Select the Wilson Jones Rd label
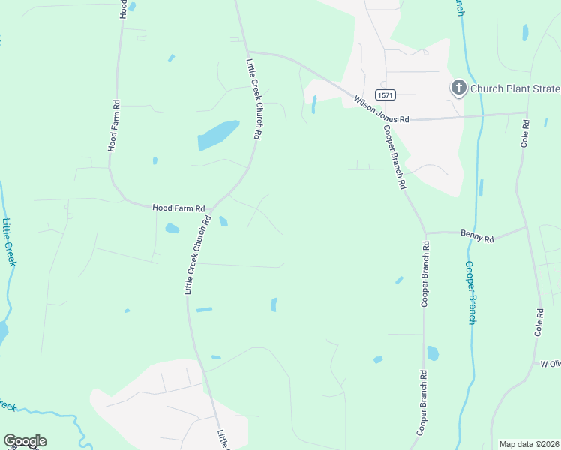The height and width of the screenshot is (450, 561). tap(382, 109)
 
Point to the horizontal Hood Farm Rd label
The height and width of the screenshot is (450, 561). tap(178, 208)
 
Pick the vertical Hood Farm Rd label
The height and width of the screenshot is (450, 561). tap(115, 125)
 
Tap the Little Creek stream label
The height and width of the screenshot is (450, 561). tap(8, 242)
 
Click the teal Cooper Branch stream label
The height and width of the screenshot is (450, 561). tap(470, 292)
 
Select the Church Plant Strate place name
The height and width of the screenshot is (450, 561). tap(514, 88)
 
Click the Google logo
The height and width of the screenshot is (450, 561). tap(25, 441)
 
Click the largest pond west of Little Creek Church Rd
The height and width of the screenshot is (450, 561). tap(217, 135)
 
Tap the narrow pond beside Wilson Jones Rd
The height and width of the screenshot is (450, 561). tap(313, 104)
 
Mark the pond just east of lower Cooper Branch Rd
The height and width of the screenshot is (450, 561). tap(433, 352)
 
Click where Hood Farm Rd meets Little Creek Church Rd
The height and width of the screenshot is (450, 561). tap(212, 209)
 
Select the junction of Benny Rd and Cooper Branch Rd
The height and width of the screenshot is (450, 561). tap(424, 233)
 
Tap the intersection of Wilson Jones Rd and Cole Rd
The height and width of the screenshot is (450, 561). tap(526, 114)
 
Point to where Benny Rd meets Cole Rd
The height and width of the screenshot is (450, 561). tap(526, 227)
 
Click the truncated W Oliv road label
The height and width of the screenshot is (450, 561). tap(550, 364)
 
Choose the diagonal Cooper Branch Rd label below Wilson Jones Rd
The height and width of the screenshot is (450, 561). tap(394, 156)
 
